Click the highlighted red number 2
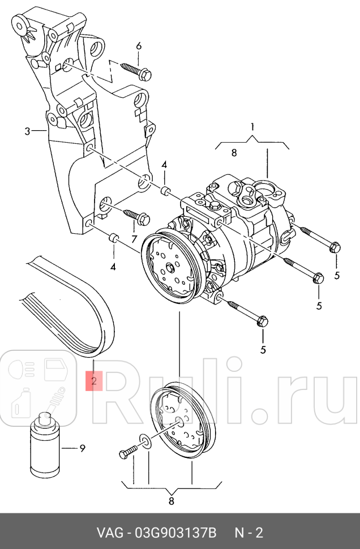(x=94, y=380)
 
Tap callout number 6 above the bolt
(x=139, y=46)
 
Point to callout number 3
(x=27, y=132)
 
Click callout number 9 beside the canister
(x=82, y=449)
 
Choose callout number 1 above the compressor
(x=252, y=126)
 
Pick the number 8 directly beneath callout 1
(x=233, y=152)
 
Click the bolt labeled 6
(x=135, y=71)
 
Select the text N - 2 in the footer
(x=249, y=533)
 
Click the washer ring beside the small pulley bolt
(x=145, y=441)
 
